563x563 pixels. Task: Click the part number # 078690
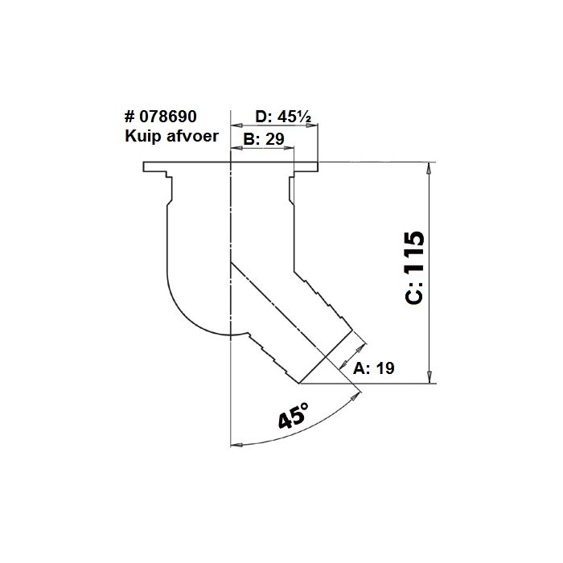click(161, 117)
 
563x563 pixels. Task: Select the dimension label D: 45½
click(277, 117)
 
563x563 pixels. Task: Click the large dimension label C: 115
click(413, 269)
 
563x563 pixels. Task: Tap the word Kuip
click(141, 136)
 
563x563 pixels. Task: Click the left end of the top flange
click(146, 167)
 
